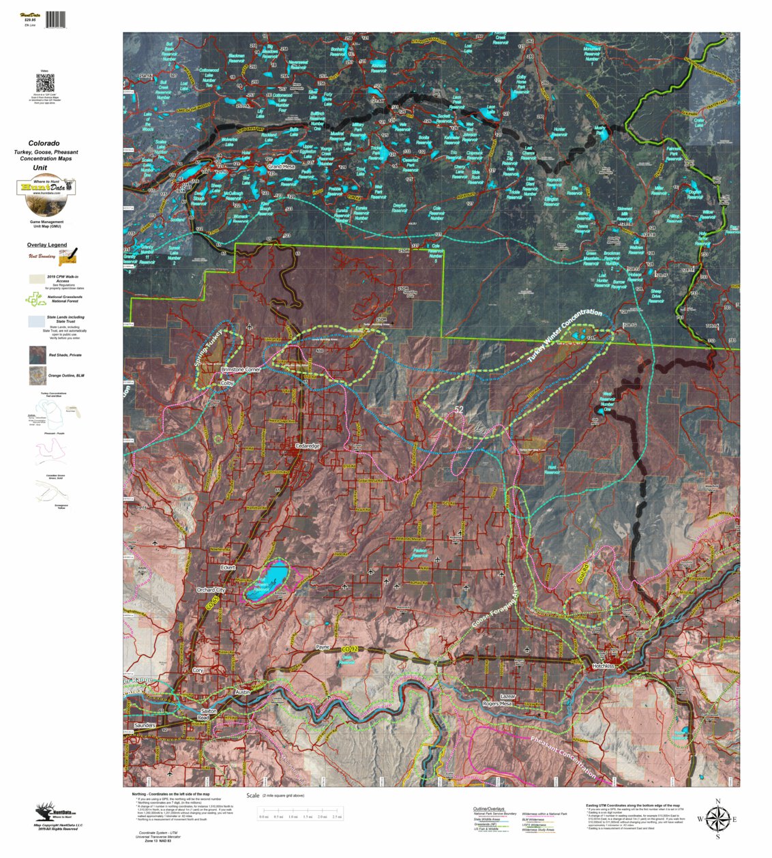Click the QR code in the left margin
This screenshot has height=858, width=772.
(x=45, y=84)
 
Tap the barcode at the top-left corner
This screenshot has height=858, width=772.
(x=56, y=19)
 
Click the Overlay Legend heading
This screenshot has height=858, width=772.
(x=47, y=245)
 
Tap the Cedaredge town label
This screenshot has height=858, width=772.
(x=307, y=446)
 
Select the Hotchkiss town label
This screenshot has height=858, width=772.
(x=604, y=666)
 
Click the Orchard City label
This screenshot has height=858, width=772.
(x=211, y=590)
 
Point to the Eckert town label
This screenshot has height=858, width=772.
(x=228, y=567)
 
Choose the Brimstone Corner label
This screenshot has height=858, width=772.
(x=241, y=370)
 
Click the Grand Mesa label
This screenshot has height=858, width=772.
(x=281, y=166)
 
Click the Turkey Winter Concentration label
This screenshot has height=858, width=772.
(x=564, y=335)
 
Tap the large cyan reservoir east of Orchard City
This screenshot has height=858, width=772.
(x=271, y=580)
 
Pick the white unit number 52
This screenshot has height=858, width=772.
(x=459, y=410)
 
